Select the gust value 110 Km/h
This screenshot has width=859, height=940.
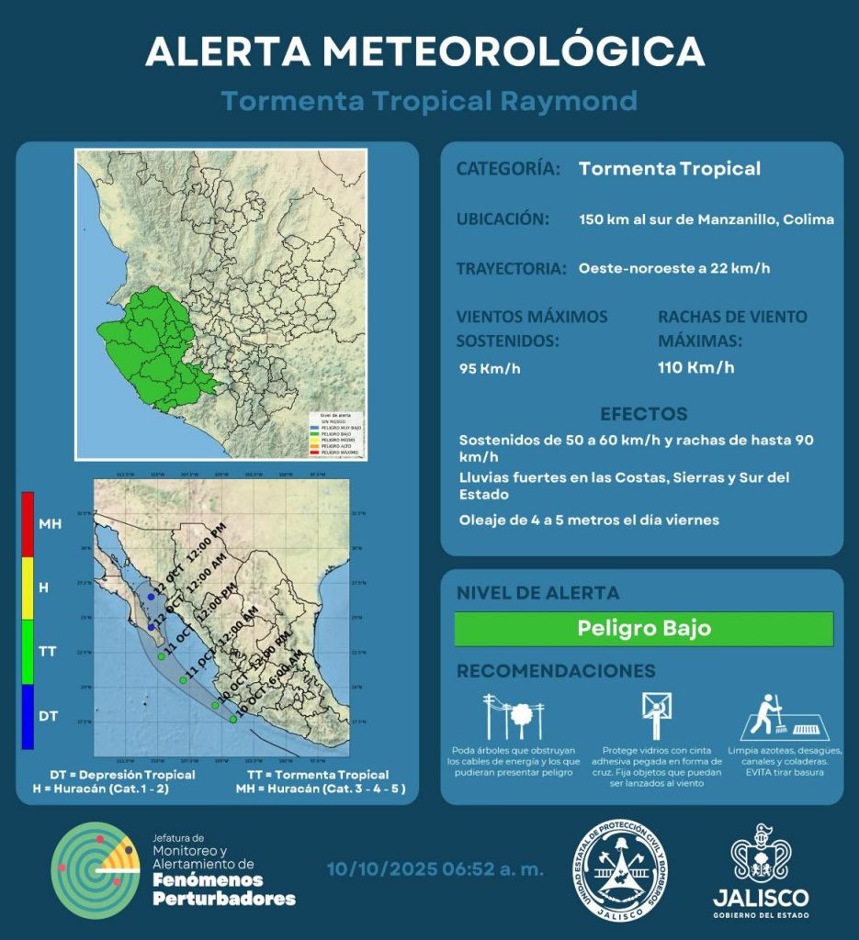[695, 368]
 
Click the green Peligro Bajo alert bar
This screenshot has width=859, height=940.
[643, 629]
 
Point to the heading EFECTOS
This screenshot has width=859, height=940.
[643, 414]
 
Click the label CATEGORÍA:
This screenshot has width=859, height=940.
[508, 169]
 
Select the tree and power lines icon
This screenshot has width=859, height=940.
[514, 715]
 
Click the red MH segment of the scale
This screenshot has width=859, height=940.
[28, 524]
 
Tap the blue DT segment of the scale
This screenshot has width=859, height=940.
[28, 716]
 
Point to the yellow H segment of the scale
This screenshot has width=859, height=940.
[28, 587]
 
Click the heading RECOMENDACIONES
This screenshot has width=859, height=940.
[556, 671]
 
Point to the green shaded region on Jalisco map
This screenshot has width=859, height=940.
[156, 349]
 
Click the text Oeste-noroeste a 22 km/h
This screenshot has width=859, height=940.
[674, 269]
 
